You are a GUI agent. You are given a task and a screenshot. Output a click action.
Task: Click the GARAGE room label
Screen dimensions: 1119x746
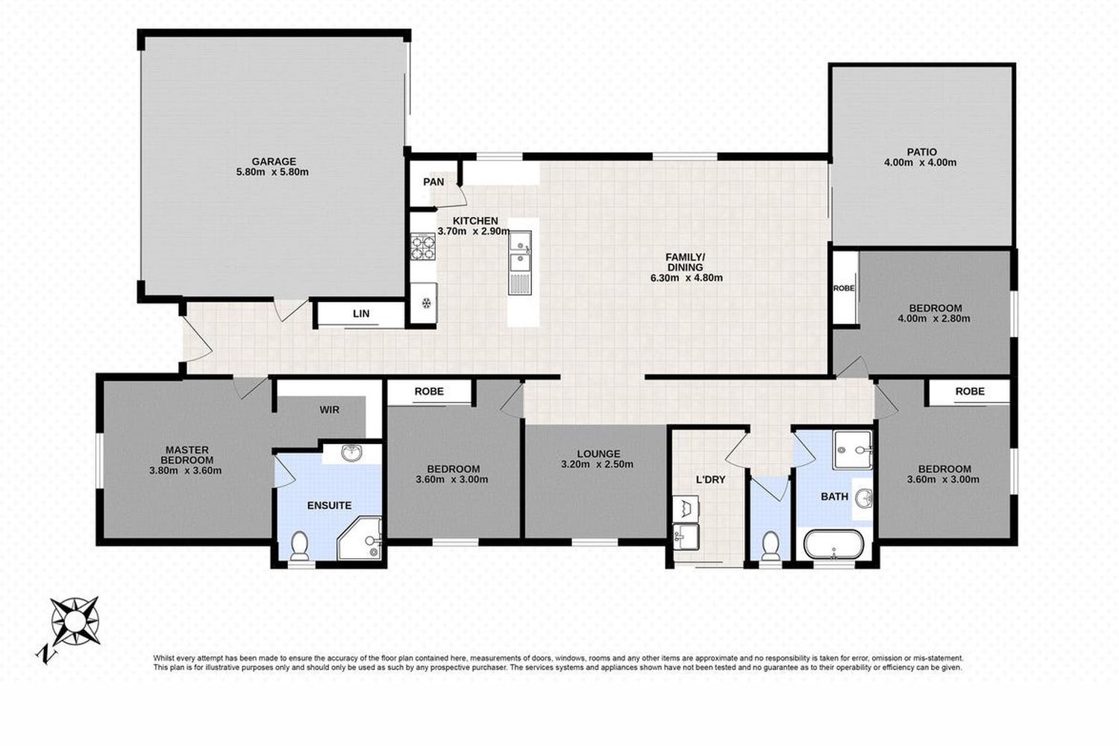coord(274,161)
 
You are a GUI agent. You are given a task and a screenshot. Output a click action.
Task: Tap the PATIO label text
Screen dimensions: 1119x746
coord(921,152)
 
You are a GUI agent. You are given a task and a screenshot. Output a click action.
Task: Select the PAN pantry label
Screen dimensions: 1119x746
coord(433,182)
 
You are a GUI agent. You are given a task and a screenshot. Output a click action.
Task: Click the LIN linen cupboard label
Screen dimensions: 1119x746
coord(361,314)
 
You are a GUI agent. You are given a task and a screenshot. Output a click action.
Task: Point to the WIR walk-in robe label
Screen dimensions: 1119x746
coord(330,410)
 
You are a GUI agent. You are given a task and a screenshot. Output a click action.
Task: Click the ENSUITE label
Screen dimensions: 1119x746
coord(329,506)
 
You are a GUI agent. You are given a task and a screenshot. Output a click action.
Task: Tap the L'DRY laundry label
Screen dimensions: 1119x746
coord(710,480)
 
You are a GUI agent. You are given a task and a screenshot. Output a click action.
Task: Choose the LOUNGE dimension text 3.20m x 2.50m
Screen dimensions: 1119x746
coord(597,464)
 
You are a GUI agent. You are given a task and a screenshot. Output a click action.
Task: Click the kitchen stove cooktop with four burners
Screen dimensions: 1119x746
coord(423,246)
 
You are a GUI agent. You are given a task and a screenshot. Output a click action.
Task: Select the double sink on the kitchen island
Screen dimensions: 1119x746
coord(520,263)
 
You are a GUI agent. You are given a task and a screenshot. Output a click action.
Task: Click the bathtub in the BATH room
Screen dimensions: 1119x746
coord(834,545)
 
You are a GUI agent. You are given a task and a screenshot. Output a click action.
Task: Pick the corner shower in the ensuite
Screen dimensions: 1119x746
coord(360,538)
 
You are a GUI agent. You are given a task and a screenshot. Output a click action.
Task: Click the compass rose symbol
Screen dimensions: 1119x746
coord(75,621)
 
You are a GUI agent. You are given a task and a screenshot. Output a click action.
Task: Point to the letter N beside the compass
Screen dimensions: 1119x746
coord(46,653)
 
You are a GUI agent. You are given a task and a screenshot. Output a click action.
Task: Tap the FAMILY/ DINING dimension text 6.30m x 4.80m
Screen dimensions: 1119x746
coord(686,278)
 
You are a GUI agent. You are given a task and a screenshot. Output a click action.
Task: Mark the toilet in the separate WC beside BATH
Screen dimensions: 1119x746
coord(771,545)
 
